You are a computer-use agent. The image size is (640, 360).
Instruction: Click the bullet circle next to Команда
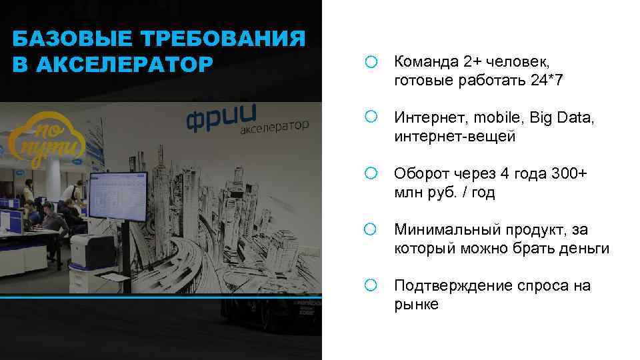click(x=371, y=63)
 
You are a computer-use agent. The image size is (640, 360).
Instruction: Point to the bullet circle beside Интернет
click(x=371, y=118)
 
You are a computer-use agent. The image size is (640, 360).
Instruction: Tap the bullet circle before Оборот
click(x=371, y=174)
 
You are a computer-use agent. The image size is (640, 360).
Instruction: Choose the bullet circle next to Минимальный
click(x=371, y=230)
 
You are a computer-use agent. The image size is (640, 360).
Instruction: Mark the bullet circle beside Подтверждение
click(x=371, y=286)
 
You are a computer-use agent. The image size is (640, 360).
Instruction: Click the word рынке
click(x=416, y=305)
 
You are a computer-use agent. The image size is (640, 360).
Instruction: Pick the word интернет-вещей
click(x=455, y=137)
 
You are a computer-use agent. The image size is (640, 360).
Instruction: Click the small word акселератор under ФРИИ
click(x=274, y=127)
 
